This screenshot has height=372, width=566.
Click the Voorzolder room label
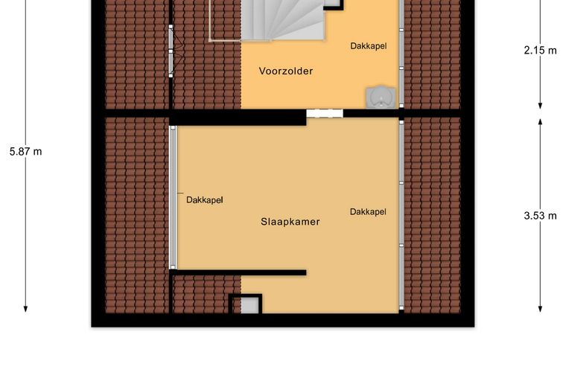click(286, 71)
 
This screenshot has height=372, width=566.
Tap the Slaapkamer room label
click(290, 222)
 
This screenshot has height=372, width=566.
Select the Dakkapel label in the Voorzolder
click(369, 46)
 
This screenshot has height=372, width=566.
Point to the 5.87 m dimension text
click(25, 151)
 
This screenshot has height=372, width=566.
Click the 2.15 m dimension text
click(541, 50)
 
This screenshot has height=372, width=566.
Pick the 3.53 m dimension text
click(541, 216)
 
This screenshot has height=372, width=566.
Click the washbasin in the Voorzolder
click(381, 97)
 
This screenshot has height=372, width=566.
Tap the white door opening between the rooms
click(325, 113)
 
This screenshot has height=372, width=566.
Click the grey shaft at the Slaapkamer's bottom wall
click(249, 306)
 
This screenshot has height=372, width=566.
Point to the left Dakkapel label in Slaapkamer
click(205, 200)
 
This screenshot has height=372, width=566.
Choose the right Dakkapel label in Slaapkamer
click(368, 211)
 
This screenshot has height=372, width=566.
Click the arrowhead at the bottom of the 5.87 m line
click(25, 309)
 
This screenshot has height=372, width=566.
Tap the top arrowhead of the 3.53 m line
click(541, 122)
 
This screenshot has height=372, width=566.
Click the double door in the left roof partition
click(172, 51)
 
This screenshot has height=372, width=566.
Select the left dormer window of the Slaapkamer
click(173, 198)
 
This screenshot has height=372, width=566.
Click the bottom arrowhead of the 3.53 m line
click(541, 309)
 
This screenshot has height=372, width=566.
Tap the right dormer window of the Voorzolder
click(401, 54)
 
